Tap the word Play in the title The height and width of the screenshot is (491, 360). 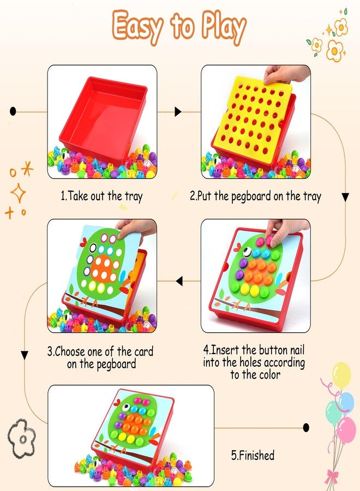pos(224,27)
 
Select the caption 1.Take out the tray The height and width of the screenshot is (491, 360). pos(101,196)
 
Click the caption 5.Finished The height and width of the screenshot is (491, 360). pos(253,456)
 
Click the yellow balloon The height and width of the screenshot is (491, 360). pos(341,375)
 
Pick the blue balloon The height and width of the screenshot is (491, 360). pos(346,403)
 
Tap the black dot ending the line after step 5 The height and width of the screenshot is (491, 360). pos(306,427)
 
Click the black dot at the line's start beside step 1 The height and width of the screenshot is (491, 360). pos(13,111)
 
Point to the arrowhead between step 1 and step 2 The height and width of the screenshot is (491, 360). pos(178,111)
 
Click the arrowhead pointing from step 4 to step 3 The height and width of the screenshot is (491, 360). pos(179,281)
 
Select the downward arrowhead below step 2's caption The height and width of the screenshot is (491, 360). pos(345,197)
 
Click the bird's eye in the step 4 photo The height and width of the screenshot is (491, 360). pos(247,251)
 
